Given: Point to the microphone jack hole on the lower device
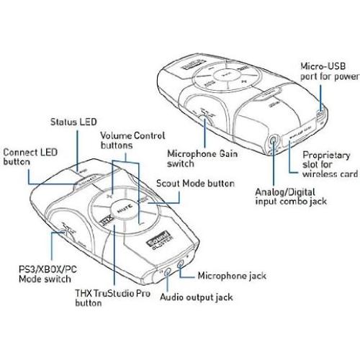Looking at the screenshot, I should (178, 266).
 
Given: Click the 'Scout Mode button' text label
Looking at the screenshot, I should (189, 184).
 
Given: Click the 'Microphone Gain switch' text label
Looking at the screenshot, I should (202, 158).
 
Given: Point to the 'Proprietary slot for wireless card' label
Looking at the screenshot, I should (326, 163).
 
